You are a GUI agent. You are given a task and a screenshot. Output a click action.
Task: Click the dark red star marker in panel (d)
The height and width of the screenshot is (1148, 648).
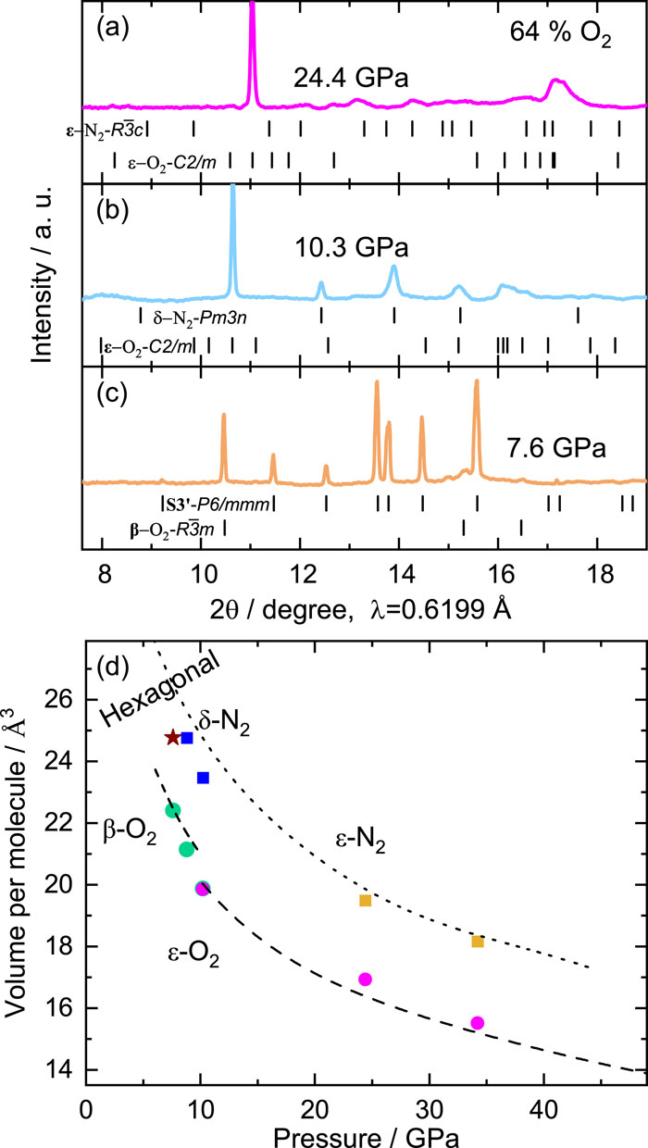pos(172,738)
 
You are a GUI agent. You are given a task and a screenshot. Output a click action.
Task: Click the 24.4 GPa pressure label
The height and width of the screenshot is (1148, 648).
pos(351,79)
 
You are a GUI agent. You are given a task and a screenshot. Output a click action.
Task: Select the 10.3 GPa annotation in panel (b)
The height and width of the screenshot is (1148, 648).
pos(352,247)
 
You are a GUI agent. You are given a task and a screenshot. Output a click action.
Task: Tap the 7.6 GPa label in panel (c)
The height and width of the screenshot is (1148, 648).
pos(556,448)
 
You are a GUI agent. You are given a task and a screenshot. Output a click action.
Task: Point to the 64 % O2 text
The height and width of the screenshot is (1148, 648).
pos(560,34)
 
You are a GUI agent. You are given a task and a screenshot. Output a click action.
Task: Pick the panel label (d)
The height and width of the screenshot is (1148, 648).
pos(113,667)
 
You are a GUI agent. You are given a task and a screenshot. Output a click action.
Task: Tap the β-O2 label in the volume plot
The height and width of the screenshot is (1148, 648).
pos(130,831)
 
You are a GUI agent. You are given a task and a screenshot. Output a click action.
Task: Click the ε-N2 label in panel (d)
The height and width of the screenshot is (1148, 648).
pos(360,841)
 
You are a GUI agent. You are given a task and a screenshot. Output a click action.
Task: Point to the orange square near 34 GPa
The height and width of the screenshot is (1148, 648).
pos(478,942)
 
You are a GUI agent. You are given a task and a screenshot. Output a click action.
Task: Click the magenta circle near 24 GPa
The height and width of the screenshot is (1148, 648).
pos(365,979)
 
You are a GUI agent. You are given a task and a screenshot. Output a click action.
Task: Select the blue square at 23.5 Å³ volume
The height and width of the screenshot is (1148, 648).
pos(204,778)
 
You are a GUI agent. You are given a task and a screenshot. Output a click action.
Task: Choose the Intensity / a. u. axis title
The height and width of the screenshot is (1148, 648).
pos(43,275)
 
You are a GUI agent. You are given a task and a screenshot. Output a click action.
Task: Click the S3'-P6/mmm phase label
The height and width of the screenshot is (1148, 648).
pos(217,505)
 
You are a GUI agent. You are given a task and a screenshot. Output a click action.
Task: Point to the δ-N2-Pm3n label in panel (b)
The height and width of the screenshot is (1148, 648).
pos(200,318)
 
